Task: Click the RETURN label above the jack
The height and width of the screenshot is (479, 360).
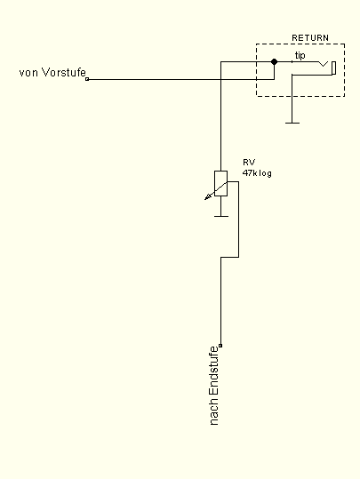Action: tap(310, 38)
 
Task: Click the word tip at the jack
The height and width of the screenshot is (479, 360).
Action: tap(300, 56)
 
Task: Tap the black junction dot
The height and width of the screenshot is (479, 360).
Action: tap(274, 61)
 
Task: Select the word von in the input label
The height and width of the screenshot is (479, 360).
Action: tap(28, 73)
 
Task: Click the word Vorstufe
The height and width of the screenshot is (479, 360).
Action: tap(64, 72)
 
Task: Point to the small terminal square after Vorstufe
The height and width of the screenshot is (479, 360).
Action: tap(87, 79)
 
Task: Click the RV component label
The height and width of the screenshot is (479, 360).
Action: tap(249, 162)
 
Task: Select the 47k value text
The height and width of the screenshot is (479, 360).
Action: tap(251, 173)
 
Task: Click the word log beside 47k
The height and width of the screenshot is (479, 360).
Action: tap(265, 173)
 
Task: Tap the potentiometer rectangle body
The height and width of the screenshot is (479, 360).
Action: tap(221, 183)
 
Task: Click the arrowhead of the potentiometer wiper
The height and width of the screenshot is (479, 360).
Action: tap(208, 197)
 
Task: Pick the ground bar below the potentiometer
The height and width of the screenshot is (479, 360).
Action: tap(221, 216)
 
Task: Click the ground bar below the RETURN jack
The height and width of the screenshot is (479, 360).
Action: tap(292, 124)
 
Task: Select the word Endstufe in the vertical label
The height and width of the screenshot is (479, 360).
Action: tap(214, 371)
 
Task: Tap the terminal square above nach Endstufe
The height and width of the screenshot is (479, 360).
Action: tap(220, 346)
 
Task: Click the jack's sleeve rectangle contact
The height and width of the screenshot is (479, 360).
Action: tap(334, 68)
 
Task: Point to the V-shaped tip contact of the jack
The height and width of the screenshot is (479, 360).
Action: tap(324, 64)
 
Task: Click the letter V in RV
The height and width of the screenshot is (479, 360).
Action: tap(252, 162)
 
